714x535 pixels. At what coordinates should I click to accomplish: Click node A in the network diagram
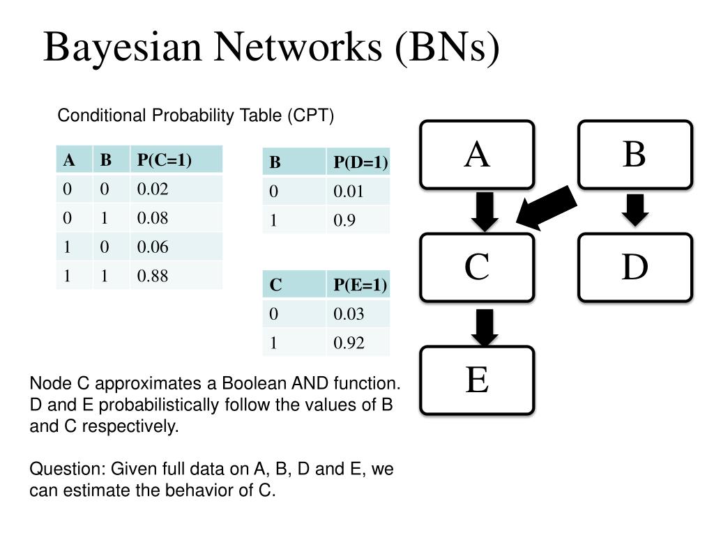[x=477, y=155]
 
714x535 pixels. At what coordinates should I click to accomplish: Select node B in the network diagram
[x=635, y=155]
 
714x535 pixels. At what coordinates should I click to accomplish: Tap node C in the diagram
[x=477, y=267]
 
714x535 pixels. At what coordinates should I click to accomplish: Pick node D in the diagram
[x=635, y=267]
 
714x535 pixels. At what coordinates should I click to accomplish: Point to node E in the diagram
[x=477, y=380]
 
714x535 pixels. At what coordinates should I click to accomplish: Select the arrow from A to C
[x=485, y=211]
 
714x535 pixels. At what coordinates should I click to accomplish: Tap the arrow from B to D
[x=635, y=209]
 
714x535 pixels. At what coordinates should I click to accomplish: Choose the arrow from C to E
[x=485, y=326]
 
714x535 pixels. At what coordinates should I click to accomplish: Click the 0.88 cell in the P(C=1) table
[x=153, y=276]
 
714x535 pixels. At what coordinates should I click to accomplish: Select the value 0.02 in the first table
[x=153, y=189]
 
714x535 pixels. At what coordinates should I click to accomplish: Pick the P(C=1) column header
[x=165, y=160]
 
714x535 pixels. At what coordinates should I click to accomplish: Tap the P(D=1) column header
[x=360, y=162]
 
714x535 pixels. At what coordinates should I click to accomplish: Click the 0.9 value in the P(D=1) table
[x=344, y=220]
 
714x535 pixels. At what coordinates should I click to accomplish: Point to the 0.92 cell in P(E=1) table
[x=349, y=342]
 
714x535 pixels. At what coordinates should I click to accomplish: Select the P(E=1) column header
[x=360, y=284]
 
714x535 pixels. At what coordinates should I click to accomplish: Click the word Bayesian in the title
[x=123, y=47]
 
